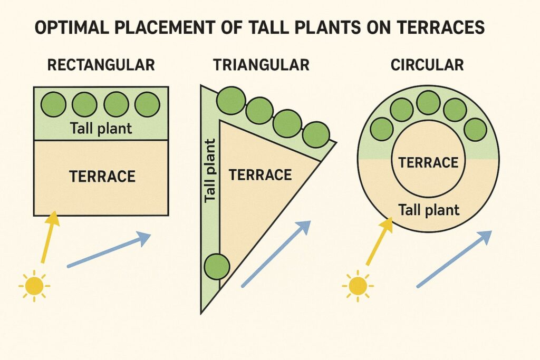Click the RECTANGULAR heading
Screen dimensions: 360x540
coord(101,65)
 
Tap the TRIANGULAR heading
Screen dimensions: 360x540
coord(261,65)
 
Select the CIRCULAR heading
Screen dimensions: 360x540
coord(427,65)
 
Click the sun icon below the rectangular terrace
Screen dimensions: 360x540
coord(34,286)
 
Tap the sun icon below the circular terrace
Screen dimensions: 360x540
coord(358,286)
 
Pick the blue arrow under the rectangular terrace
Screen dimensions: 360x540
coord(109,250)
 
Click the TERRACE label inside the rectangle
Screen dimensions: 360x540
coord(102,176)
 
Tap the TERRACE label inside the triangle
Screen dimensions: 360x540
coord(260,174)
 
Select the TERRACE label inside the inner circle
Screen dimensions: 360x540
coord(428,162)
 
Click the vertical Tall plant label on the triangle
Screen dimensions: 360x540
coord(210,170)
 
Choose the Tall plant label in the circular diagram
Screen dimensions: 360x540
coord(429,210)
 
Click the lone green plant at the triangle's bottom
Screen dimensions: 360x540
coord(216,266)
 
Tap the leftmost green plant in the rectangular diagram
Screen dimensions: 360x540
coord(54,104)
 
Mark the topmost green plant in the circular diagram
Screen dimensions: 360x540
coord(428,103)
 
